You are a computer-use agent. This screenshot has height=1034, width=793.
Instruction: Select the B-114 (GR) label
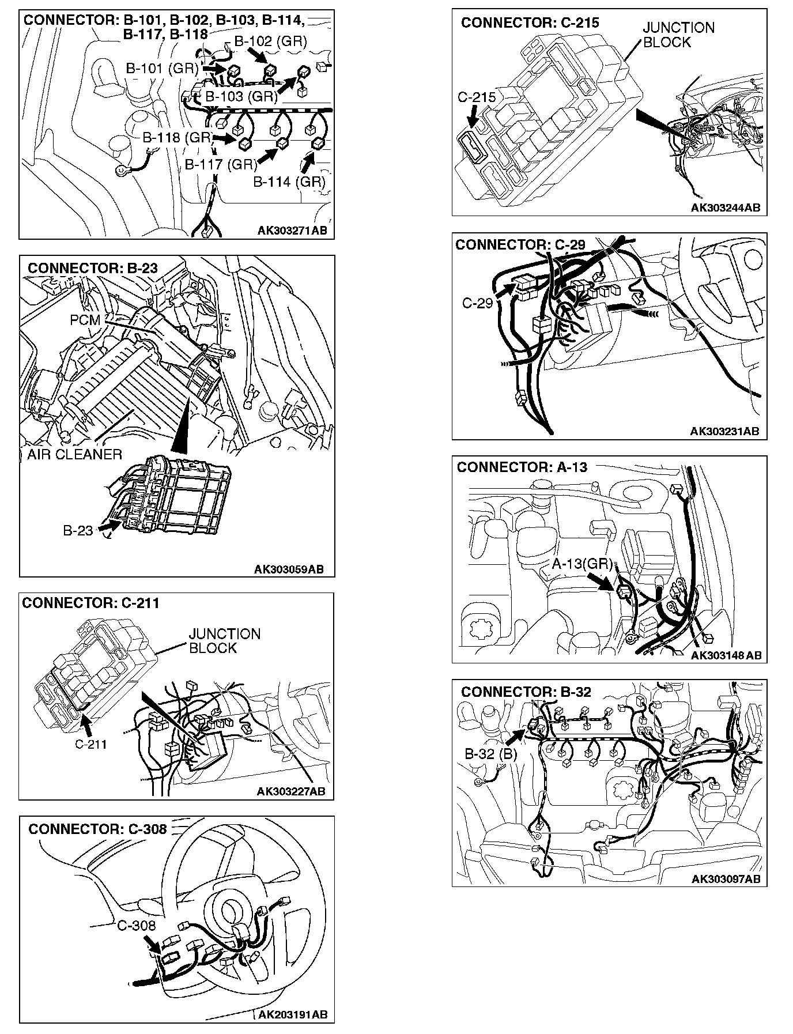[x=289, y=182]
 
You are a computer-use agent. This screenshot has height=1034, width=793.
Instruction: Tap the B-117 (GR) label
[x=221, y=165]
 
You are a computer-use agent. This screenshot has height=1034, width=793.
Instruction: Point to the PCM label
[x=85, y=320]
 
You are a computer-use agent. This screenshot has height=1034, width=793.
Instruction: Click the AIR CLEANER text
[x=75, y=455]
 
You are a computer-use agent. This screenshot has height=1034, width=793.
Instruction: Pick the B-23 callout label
[x=78, y=530]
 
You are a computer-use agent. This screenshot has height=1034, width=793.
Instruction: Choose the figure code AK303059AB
[x=289, y=569]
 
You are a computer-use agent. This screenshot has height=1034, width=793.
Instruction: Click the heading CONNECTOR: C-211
[x=90, y=603]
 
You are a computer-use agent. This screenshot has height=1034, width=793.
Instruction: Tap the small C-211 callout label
[x=91, y=744]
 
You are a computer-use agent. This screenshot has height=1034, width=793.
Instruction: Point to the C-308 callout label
[x=137, y=926]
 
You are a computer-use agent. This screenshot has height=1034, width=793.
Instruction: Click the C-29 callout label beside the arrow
[x=477, y=303]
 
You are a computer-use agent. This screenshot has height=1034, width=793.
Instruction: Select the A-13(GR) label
[x=581, y=564]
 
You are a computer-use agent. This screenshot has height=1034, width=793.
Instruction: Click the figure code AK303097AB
[x=726, y=878]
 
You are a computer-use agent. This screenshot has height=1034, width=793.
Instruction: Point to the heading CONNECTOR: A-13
[x=522, y=467]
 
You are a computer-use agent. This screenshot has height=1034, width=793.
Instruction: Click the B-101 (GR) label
[x=162, y=68]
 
